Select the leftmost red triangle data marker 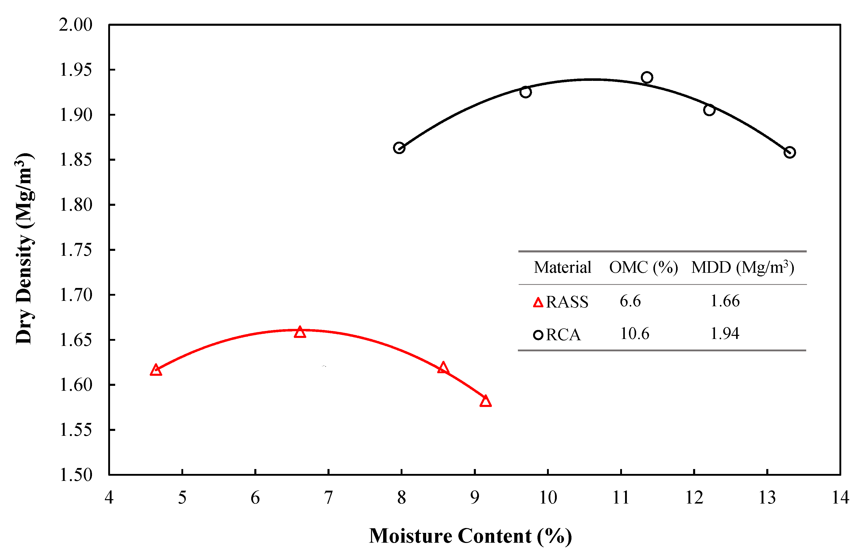156,370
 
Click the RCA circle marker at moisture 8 399,148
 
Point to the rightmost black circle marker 790,152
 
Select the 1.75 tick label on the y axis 75,250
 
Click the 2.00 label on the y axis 75,25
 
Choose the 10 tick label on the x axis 548,498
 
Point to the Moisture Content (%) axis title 470,536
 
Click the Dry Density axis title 24,248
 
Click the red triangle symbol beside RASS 538,302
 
